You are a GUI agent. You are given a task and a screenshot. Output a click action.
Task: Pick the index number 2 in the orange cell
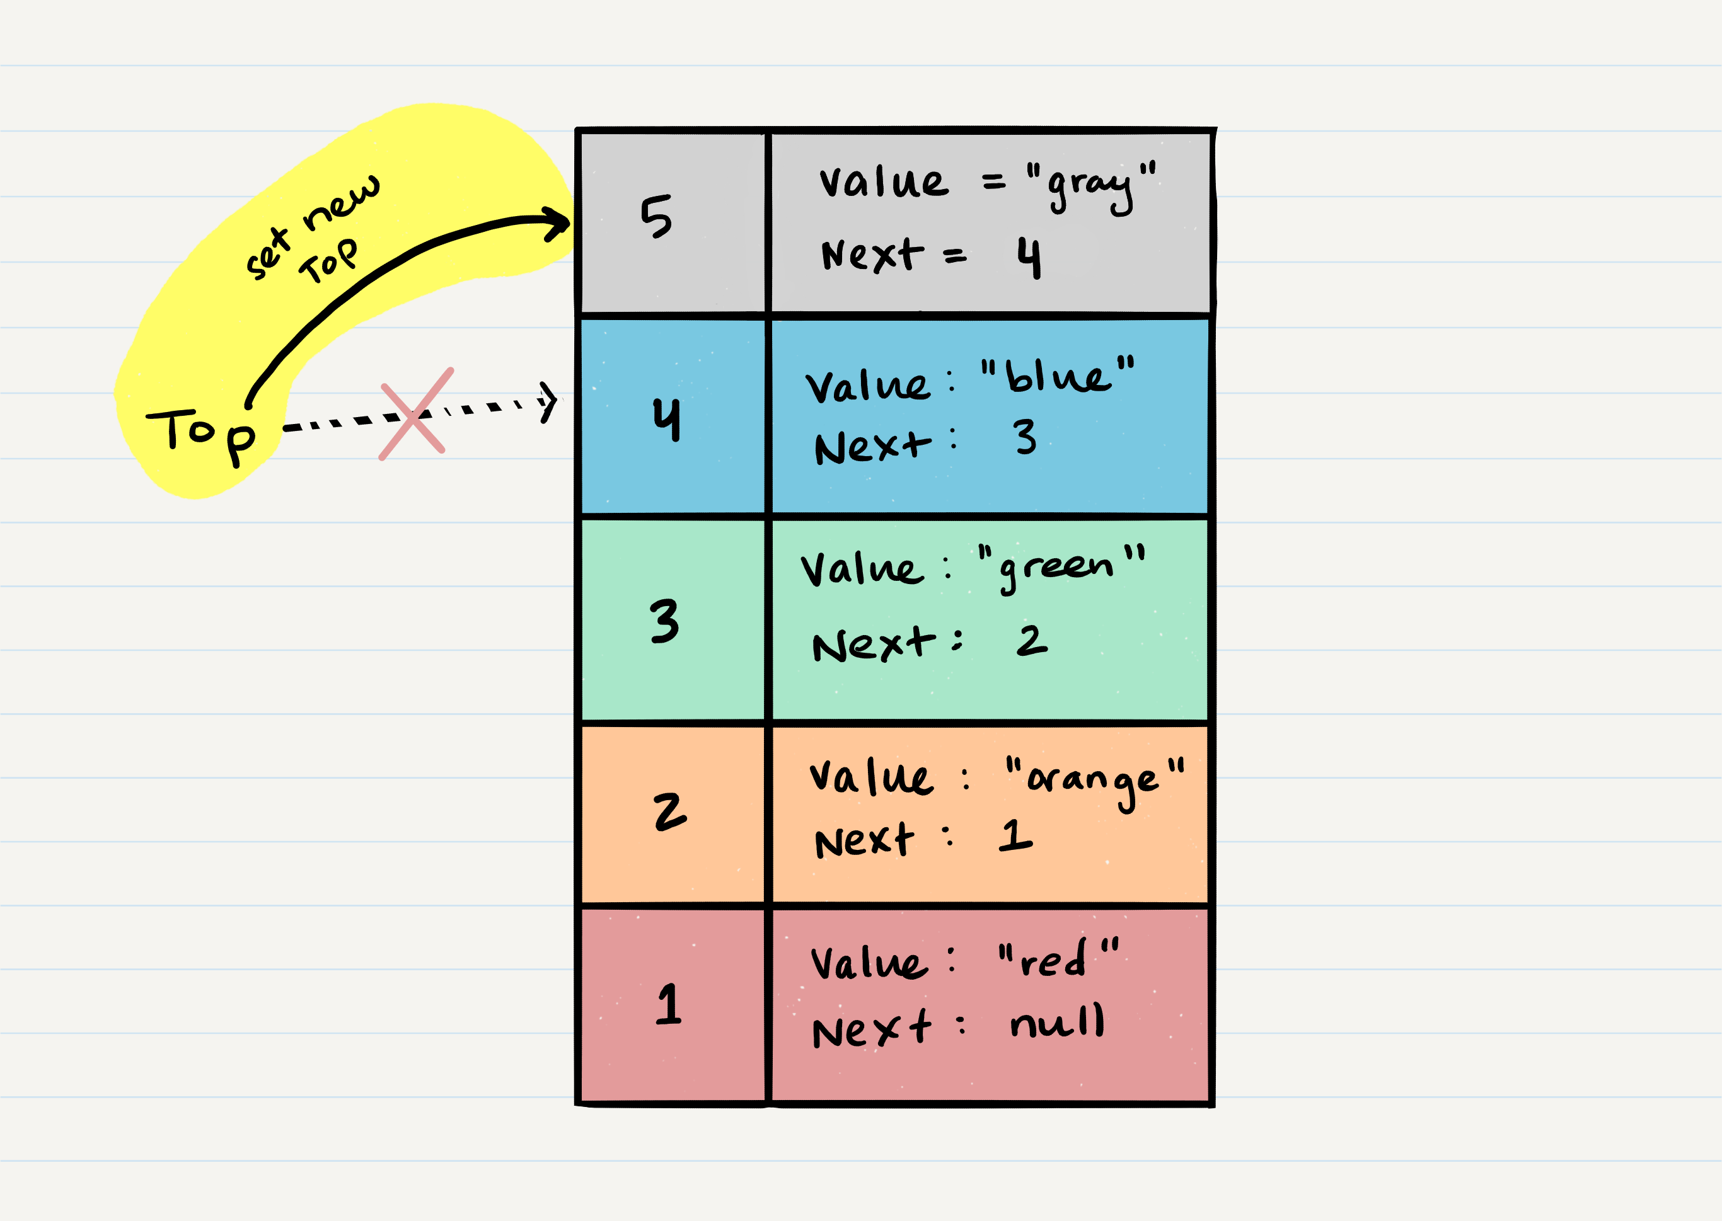tap(669, 811)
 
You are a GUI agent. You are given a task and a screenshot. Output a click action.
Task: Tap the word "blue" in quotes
tap(1058, 376)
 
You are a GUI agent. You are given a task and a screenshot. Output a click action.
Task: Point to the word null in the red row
tap(1057, 1022)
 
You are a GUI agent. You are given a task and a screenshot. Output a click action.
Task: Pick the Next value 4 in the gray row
tap(1029, 257)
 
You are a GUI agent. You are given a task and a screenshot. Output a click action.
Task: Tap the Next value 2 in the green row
tap(1031, 641)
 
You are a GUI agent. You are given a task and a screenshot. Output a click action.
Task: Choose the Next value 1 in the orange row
tap(1015, 835)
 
